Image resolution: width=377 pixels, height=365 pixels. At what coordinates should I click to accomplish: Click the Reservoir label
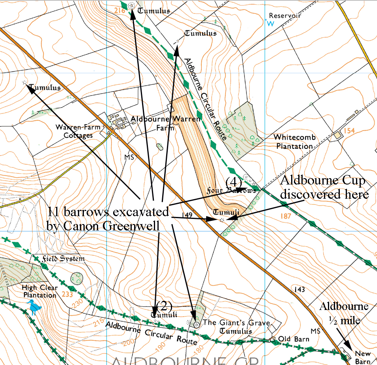pos(285,16)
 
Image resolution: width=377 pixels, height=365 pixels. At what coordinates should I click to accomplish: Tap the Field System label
pos(64,259)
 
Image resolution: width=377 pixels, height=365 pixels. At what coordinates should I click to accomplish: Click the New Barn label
pos(363,357)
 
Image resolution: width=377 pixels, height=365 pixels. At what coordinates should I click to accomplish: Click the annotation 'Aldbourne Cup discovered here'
pos(324,188)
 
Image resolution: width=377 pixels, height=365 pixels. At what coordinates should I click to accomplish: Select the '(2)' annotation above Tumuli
pos(164,305)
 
